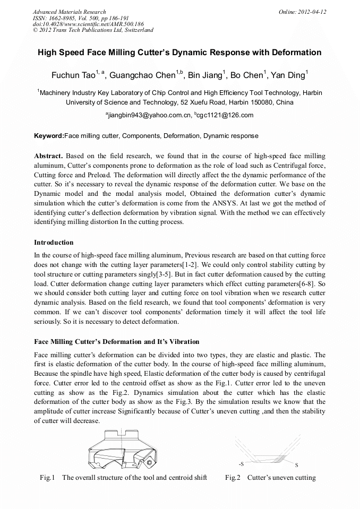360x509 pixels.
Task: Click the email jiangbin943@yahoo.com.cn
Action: [x=149, y=115]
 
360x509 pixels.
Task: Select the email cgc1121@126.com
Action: [x=225, y=115]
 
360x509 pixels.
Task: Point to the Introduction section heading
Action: [x=54, y=243]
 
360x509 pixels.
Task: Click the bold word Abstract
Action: [x=48, y=157]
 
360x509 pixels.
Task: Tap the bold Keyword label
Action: [x=48, y=136]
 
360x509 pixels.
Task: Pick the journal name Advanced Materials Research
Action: [x=69, y=12]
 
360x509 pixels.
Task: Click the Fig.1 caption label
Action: [x=48, y=477]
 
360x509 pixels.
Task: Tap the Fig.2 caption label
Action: [x=233, y=477]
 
